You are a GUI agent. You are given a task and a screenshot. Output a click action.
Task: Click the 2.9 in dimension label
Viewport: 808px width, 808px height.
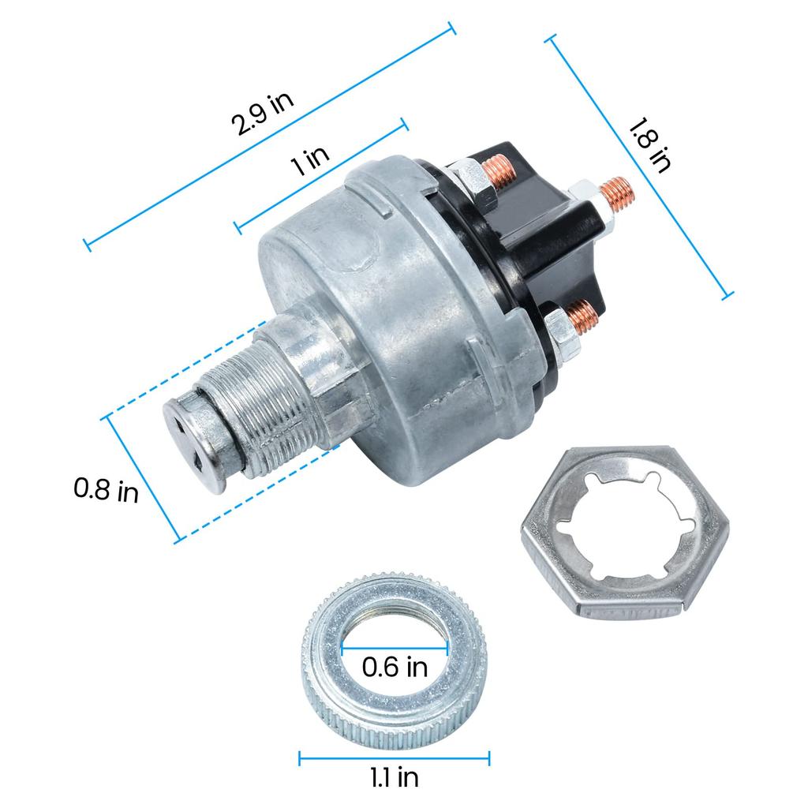click(261, 114)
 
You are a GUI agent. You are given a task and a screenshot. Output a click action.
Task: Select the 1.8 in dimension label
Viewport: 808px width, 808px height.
click(649, 145)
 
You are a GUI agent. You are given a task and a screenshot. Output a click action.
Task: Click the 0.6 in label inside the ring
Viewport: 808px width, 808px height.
click(395, 668)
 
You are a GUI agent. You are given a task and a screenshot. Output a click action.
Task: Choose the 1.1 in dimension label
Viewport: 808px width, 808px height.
click(395, 778)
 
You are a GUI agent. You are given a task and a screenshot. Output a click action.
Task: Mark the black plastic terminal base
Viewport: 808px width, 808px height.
click(544, 237)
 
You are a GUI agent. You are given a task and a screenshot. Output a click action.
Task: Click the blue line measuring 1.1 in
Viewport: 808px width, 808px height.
click(395, 757)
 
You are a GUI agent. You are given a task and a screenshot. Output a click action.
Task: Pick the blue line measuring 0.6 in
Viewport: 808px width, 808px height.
click(395, 649)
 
